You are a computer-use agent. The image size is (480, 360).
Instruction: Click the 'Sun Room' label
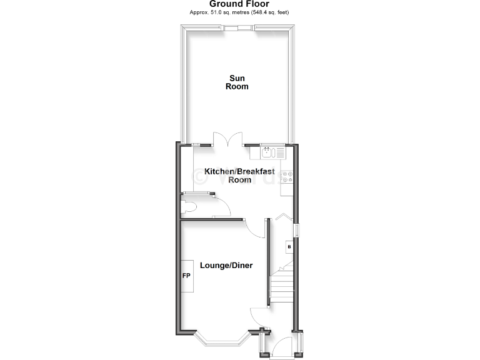[x=237, y=82]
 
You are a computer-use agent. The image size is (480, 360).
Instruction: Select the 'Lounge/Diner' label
[x=226, y=266]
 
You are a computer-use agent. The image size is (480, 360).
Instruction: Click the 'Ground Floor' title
[x=239, y=4]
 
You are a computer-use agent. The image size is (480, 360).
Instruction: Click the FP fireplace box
[x=186, y=276]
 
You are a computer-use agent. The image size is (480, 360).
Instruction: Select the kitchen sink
[x=267, y=151]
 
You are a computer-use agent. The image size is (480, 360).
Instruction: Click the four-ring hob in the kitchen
[x=289, y=177]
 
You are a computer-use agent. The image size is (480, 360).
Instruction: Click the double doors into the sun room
[x=227, y=139]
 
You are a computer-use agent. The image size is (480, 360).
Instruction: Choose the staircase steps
[x=281, y=287]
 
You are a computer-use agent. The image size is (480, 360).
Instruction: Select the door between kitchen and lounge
[x=254, y=228]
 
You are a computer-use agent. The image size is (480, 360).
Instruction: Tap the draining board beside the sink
[x=279, y=151]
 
